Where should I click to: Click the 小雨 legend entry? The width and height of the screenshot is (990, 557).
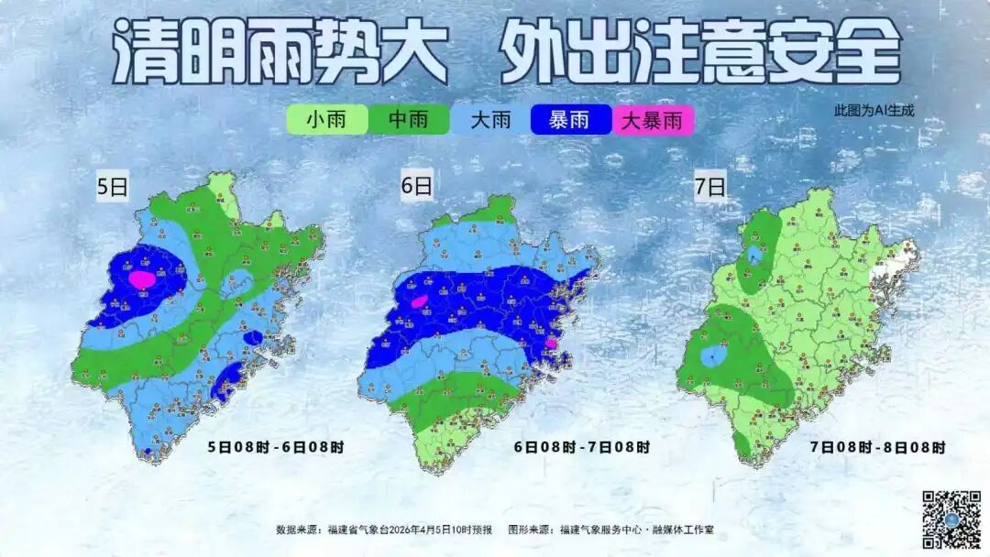[326, 120]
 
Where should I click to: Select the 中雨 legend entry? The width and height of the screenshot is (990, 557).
[408, 120]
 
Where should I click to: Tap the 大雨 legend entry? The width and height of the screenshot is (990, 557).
[490, 120]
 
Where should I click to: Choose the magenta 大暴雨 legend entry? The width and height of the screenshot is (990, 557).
[653, 120]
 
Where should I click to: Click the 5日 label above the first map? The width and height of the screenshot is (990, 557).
[114, 188]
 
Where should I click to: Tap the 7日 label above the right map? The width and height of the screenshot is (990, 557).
[709, 188]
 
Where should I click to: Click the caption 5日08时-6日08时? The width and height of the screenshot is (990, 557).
[276, 447]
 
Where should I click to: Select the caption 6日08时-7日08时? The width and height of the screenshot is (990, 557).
[581, 447]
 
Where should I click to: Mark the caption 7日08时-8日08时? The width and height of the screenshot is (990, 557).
[877, 447]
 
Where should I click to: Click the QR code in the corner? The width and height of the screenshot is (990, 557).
[951, 519]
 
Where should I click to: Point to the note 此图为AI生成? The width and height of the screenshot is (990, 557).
[874, 110]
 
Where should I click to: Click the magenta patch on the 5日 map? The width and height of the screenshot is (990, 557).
[141, 278]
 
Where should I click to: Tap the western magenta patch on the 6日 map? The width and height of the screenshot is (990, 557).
[419, 300]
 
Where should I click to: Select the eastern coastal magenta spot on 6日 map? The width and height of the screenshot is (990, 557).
[552, 343]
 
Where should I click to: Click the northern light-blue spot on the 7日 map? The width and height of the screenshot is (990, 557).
[753, 254]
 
